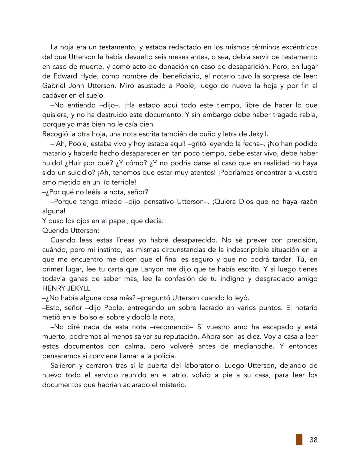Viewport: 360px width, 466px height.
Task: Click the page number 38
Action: coord(313,440)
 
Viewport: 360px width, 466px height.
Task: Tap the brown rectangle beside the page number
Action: coord(299,439)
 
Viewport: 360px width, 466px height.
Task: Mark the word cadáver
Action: coord(55,95)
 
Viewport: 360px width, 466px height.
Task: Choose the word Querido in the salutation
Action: coord(55,230)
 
